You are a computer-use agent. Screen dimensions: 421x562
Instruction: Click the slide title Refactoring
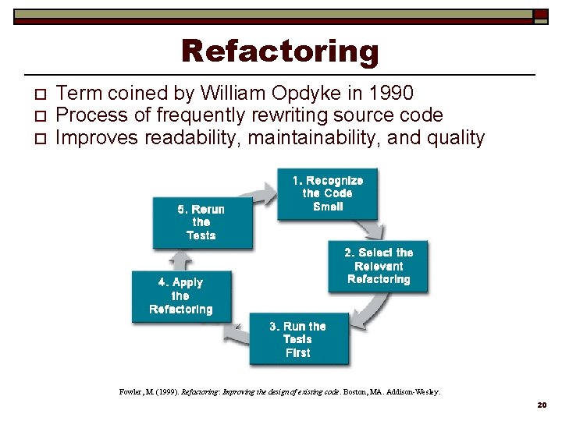click(x=279, y=51)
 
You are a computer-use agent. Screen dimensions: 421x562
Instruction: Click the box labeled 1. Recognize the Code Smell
click(x=327, y=193)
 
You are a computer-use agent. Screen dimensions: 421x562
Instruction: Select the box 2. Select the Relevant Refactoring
click(x=378, y=266)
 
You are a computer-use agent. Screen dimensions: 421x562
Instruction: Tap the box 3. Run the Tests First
click(x=297, y=339)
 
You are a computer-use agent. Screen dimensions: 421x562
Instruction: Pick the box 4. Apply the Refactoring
click(x=181, y=296)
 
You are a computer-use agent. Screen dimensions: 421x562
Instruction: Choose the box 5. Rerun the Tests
click(x=202, y=222)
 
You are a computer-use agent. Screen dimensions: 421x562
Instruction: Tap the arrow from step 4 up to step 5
click(x=180, y=259)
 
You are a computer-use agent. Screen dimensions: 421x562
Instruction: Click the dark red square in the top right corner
click(x=540, y=14)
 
